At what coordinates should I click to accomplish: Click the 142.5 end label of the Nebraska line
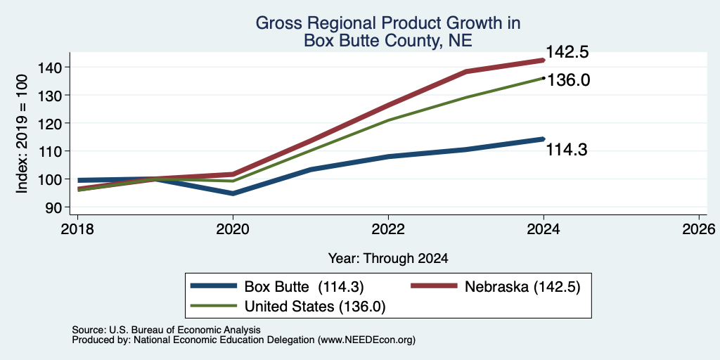567,52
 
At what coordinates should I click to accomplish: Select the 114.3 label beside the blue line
567,150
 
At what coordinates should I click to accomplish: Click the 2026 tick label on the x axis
699,229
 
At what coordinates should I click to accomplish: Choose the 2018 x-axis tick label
77,229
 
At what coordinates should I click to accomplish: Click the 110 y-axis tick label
51,151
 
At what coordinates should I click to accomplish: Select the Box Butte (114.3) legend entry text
304,287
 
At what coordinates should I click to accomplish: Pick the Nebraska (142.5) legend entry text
523,287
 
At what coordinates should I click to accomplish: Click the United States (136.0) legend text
315,307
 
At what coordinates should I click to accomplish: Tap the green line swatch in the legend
214,306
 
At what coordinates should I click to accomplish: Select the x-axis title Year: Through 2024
388,259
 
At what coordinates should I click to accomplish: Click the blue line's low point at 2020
233,193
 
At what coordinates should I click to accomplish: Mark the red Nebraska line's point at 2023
466,71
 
